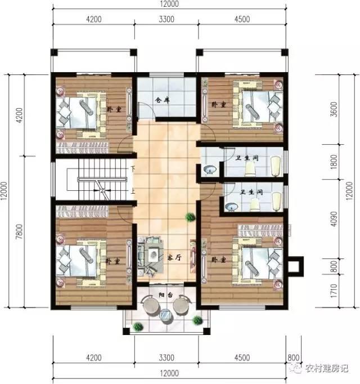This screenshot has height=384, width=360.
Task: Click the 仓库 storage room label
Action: click(x=163, y=100)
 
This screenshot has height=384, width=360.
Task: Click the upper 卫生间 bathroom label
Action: click(x=248, y=158)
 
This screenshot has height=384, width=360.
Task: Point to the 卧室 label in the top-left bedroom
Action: click(x=114, y=110)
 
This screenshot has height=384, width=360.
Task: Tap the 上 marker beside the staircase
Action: click(x=133, y=191)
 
